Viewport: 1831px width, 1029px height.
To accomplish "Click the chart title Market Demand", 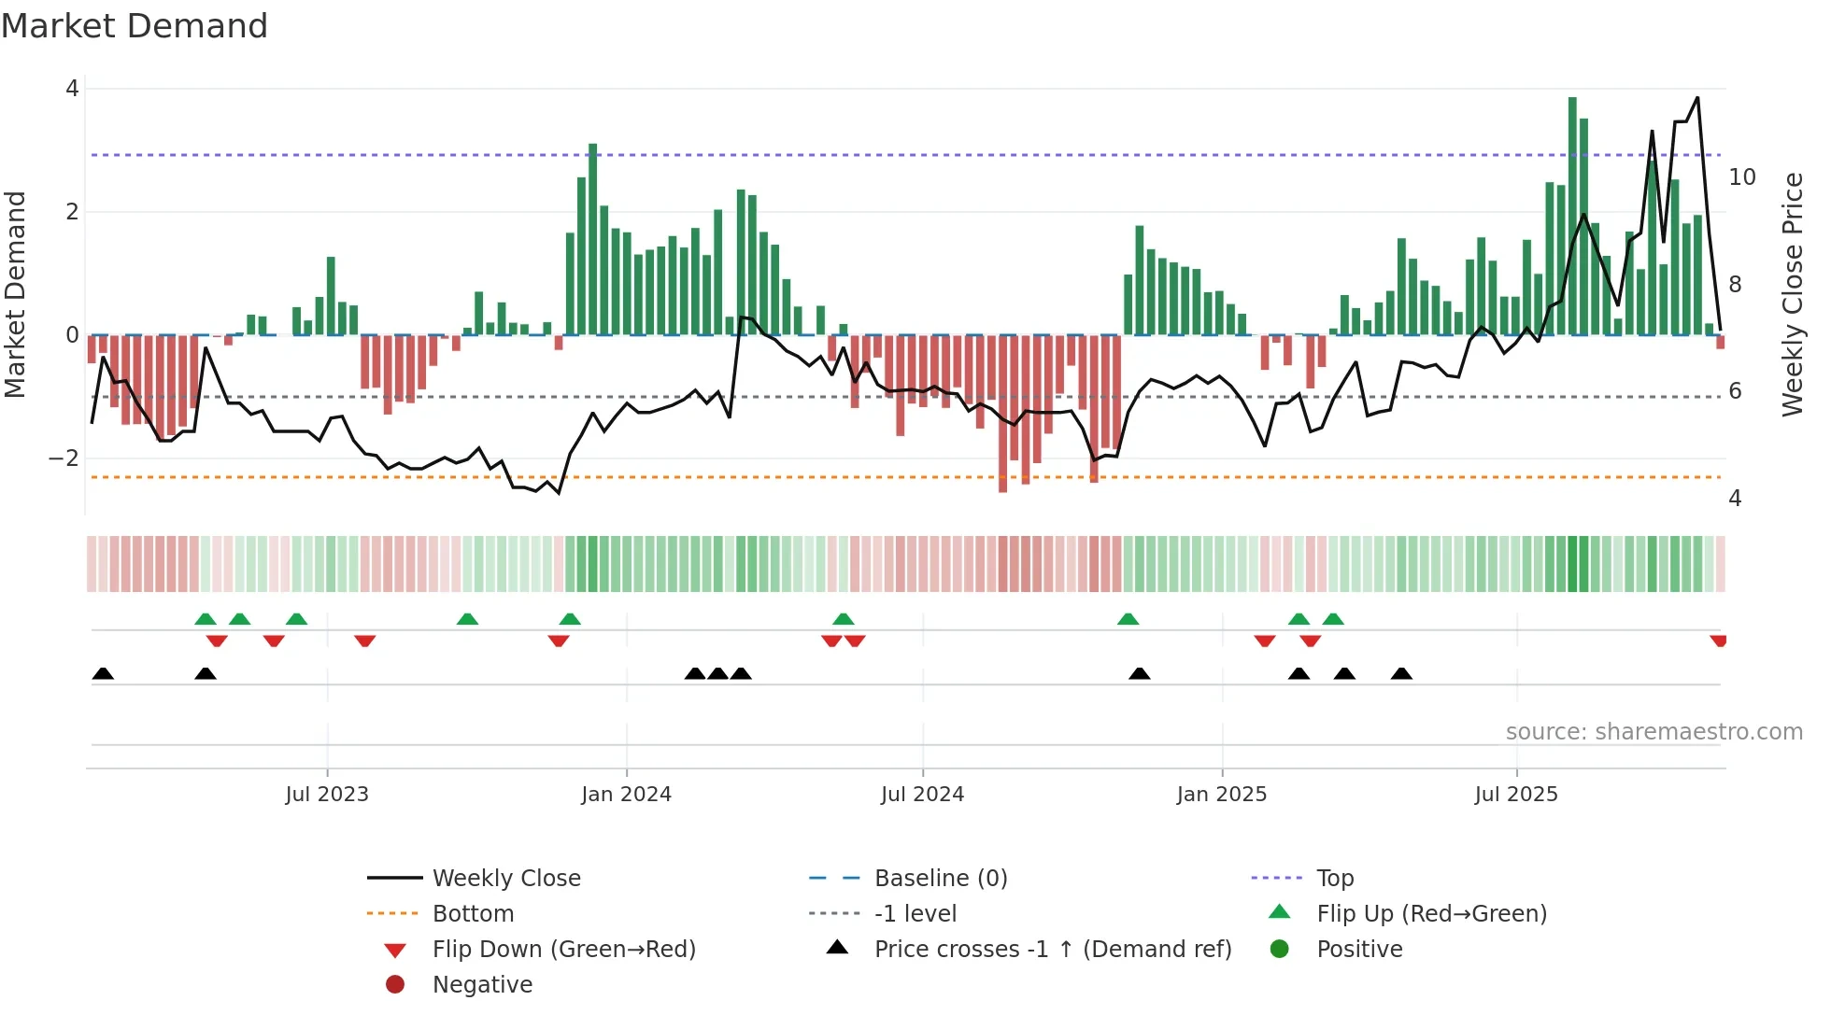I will point(135,26).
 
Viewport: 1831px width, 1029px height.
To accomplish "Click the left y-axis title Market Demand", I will point(15,294).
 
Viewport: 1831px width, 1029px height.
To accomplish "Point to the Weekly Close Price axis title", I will point(1792,294).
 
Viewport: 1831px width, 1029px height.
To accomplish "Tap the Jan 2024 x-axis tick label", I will point(626,795).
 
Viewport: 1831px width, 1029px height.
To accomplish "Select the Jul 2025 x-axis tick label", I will point(1516,795).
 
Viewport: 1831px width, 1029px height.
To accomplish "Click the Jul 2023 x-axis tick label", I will point(327,795).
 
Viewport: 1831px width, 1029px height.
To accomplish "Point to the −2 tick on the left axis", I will point(64,458).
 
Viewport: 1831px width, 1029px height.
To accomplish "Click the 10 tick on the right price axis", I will point(1742,177).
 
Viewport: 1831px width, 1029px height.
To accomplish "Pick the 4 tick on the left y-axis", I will point(72,89).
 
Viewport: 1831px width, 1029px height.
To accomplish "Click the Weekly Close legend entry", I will point(505,879).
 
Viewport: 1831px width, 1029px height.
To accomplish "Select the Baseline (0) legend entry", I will point(940,879).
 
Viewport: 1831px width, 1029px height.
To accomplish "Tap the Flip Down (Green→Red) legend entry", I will point(563,950).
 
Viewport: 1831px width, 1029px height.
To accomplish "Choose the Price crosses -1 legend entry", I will point(1052,950).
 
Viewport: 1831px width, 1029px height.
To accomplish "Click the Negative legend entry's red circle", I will point(395,985).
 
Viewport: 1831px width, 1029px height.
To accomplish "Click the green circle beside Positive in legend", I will point(1280,950).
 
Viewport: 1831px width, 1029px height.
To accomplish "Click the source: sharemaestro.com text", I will point(1654,732).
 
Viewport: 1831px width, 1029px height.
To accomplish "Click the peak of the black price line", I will point(1697,97).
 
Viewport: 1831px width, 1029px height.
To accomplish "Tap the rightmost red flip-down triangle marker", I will point(1718,641).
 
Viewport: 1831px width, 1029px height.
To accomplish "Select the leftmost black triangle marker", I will point(103,673).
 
